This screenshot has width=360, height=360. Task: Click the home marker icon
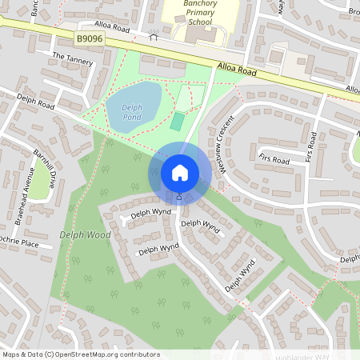(x=180, y=173)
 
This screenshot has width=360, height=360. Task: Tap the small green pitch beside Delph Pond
(x=177, y=122)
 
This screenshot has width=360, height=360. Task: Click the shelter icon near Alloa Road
(x=154, y=35)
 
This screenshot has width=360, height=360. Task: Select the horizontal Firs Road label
(x=274, y=159)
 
